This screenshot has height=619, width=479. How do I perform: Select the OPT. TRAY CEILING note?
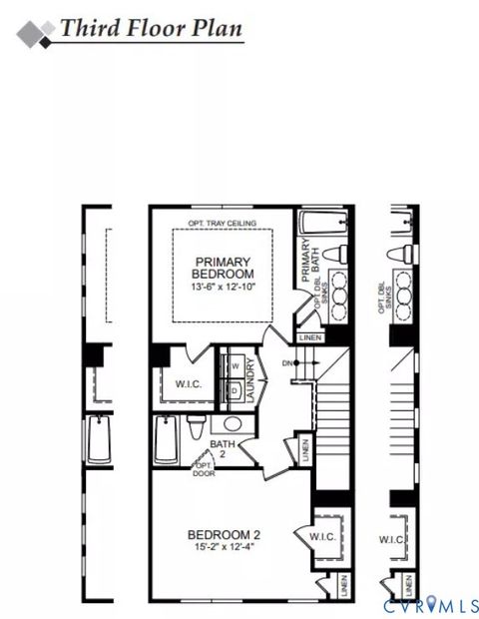[x=223, y=223]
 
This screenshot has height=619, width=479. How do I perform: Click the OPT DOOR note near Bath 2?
[x=204, y=469]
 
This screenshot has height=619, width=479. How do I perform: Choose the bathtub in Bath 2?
[x=167, y=440]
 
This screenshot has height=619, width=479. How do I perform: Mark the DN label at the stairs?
[x=288, y=362]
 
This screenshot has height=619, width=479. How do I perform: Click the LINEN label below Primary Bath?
[x=309, y=338]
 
